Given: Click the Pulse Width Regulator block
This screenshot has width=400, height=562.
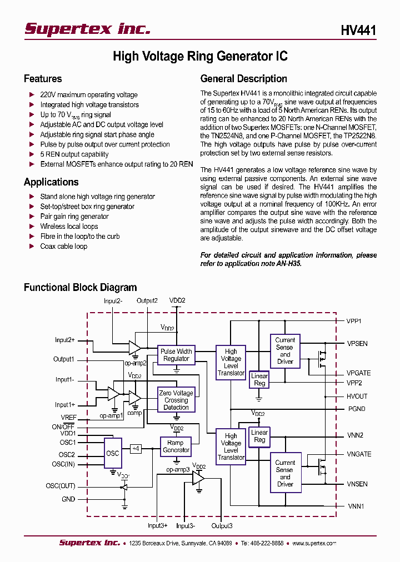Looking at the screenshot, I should coord(176,355).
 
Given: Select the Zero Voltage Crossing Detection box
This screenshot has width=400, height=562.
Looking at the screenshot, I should coord(176,400).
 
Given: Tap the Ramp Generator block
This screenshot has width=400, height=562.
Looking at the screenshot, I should coord(176,446).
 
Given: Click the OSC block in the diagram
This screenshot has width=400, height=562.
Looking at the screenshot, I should coord(113,453).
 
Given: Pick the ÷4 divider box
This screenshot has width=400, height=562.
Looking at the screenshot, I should coord(136,448).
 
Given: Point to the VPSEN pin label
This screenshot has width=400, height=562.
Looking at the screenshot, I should coord(357,344).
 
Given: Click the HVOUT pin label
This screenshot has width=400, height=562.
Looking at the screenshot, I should coord(357,397).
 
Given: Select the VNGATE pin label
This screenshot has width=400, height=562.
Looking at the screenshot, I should coord(359,454).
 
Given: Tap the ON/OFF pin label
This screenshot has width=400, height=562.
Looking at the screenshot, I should coord(64,426).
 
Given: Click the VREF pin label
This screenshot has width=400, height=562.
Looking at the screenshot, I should coord(69,417).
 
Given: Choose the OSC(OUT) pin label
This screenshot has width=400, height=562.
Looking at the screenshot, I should coord(61,486).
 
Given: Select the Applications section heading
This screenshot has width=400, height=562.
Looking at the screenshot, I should coord(51,182).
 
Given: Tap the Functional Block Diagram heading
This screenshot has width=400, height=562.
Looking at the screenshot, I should coord(80,288).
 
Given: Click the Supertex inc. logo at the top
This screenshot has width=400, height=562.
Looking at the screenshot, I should coord(87,29).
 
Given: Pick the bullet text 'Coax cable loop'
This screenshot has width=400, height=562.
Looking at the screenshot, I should coord(63,246).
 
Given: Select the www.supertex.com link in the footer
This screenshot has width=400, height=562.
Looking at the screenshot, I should coord(314,543).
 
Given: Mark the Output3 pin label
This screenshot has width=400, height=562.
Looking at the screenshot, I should coord(222,526).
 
